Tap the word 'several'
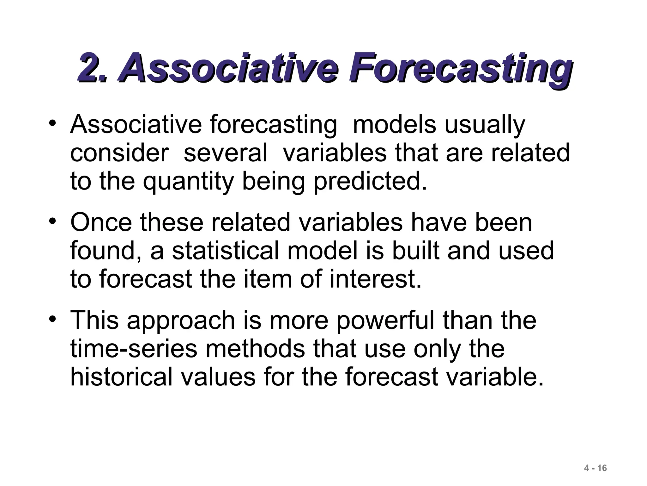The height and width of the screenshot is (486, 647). pos(225,153)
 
